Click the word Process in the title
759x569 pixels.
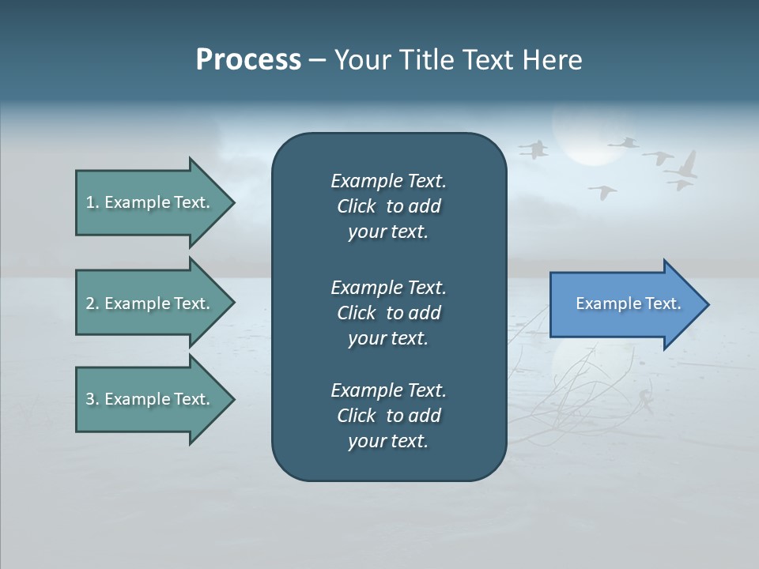248,60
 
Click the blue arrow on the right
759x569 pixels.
625,304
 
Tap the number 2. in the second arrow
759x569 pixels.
93,303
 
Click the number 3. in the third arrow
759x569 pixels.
93,399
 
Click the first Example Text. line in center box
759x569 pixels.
388,181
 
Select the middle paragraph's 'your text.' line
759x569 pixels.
388,338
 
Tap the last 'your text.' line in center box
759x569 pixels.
388,441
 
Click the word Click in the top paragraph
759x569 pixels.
356,206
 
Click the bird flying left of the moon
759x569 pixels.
535,149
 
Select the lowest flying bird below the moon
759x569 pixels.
603,191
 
